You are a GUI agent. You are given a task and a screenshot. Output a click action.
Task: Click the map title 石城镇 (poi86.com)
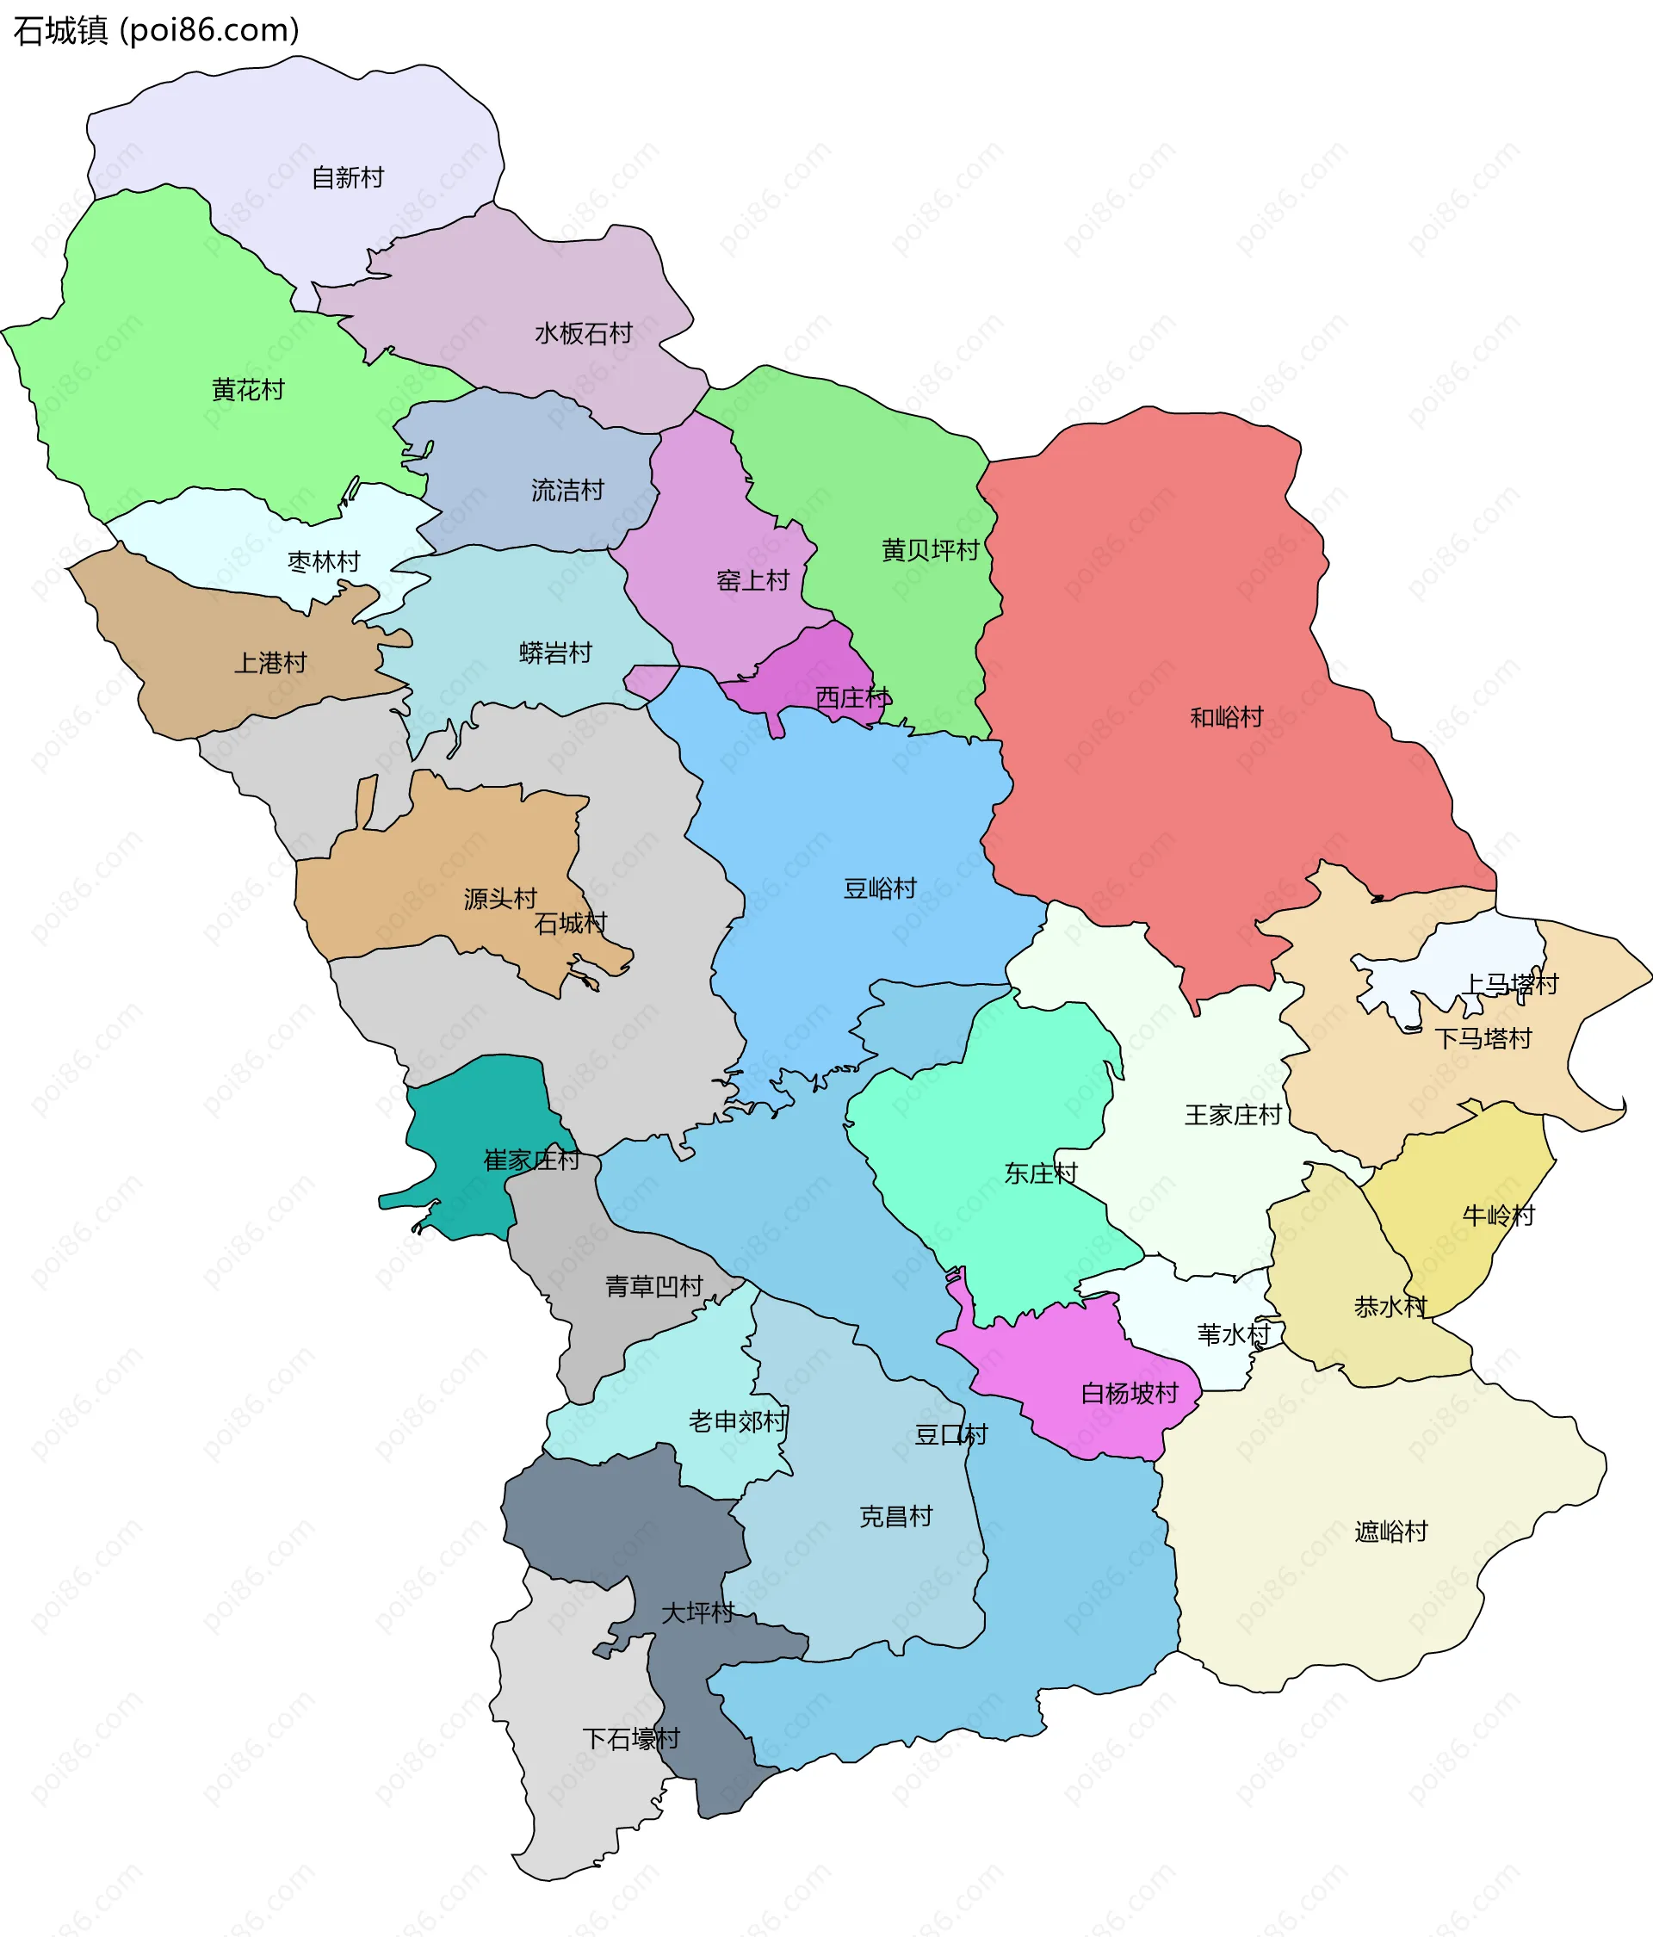point(156,31)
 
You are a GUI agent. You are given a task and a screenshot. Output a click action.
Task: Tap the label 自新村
point(347,176)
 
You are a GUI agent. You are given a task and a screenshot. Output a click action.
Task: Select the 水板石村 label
point(584,333)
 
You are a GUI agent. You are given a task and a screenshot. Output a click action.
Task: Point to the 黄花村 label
point(248,389)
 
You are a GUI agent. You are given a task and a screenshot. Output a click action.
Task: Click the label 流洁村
point(567,490)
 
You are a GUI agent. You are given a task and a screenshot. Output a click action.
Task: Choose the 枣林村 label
point(324,562)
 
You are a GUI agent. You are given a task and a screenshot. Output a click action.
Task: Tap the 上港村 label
point(270,663)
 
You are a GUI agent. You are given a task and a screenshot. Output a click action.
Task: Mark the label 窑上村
point(752,580)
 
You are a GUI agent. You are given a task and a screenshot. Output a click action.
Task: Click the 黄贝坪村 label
point(931,550)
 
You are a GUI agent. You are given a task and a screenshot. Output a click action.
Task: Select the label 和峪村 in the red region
point(1226,717)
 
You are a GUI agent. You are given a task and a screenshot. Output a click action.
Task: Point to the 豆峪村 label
point(880,888)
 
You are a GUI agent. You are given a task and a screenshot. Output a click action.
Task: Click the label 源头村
point(500,899)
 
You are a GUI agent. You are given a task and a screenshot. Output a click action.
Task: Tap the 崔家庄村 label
point(531,1160)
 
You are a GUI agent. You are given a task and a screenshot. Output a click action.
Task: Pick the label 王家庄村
point(1232,1114)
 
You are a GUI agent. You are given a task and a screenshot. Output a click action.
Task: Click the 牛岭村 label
point(1498,1216)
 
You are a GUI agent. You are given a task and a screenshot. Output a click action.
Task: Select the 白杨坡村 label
point(1130,1393)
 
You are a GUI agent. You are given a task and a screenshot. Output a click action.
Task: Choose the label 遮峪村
point(1391,1532)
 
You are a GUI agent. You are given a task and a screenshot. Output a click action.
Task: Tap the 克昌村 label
point(895,1516)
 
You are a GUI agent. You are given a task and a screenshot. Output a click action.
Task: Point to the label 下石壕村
point(631,1739)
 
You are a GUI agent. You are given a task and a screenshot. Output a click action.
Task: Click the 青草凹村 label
point(653,1286)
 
